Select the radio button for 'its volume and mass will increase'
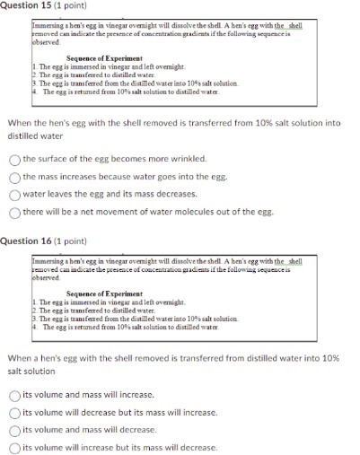[x=15, y=394]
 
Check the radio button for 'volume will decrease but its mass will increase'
[x=15, y=412]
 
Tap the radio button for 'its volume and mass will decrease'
[x=15, y=429]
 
